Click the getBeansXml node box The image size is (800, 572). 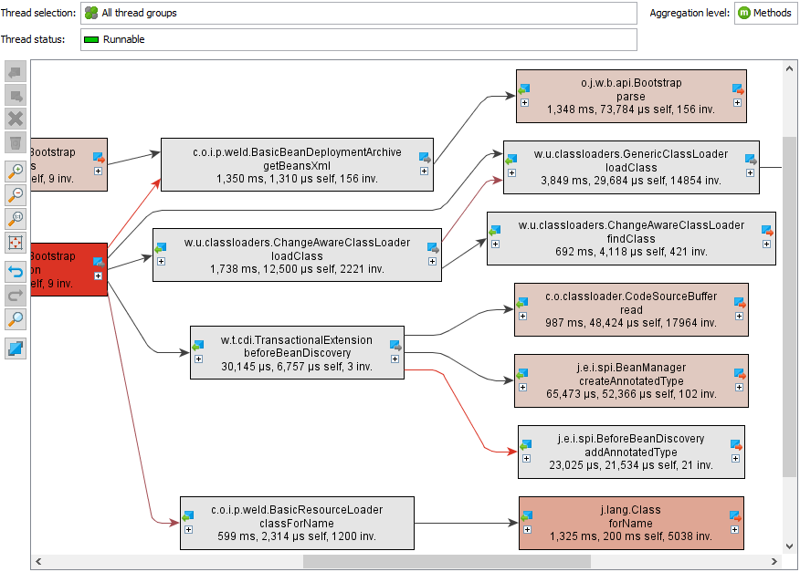297,165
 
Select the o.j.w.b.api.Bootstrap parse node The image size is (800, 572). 630,96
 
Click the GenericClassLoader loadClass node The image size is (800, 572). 630,167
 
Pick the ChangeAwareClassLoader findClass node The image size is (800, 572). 630,238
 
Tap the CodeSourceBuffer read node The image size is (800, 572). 630,309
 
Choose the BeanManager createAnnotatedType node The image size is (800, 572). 630,380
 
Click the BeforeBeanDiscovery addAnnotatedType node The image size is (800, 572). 630,452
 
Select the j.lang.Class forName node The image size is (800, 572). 630,523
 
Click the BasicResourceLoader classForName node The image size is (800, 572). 297,523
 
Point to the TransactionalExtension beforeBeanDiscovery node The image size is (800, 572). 297,352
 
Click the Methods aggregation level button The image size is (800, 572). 764,14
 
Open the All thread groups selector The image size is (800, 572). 358,14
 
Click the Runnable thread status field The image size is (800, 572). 358,40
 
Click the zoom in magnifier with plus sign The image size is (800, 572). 16,171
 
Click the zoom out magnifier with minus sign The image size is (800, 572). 16,193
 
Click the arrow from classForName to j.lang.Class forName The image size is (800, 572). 466,524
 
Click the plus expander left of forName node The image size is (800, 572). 525,529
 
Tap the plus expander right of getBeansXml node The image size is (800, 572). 424,171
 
